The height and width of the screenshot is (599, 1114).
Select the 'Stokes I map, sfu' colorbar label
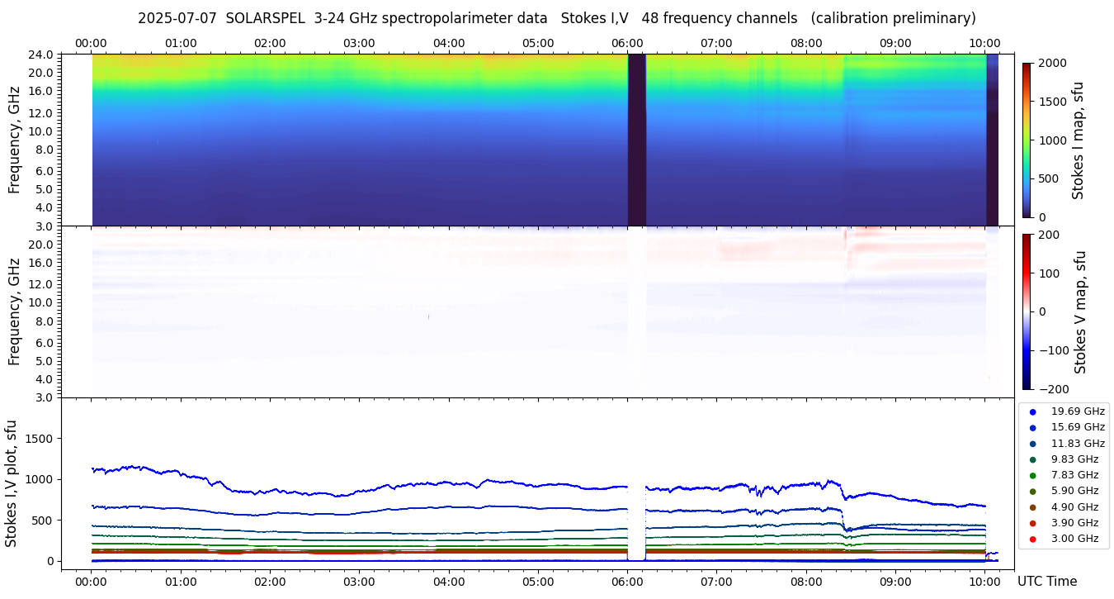(1079, 140)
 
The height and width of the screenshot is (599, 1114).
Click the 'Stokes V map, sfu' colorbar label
(1080, 311)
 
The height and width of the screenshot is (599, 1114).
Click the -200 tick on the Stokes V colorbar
(1055, 389)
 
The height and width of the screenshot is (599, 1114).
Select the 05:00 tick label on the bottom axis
(538, 582)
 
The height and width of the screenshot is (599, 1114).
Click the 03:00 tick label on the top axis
(359, 43)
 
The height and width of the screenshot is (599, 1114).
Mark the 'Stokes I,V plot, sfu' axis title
(12, 483)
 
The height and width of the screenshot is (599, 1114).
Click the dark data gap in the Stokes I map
(636, 140)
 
